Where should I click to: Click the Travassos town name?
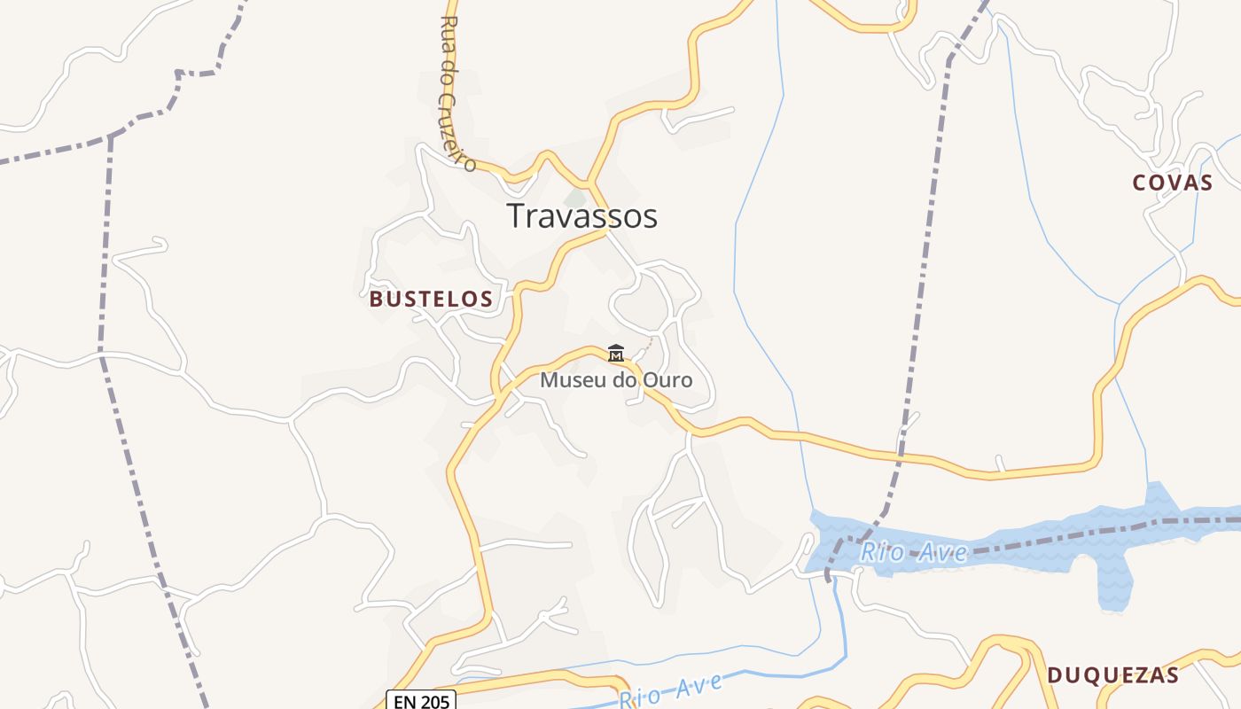[581, 216]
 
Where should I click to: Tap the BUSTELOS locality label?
[431, 300]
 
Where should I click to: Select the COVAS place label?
[1172, 183]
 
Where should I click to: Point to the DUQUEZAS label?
[1112, 675]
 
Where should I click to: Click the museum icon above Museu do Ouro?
[615, 353]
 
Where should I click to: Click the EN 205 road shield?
[421, 701]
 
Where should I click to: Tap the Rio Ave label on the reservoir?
[914, 553]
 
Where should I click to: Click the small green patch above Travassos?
[576, 198]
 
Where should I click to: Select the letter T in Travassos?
[516, 216]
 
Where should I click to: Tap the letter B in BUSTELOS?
[376, 300]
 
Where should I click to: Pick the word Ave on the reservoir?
[943, 553]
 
